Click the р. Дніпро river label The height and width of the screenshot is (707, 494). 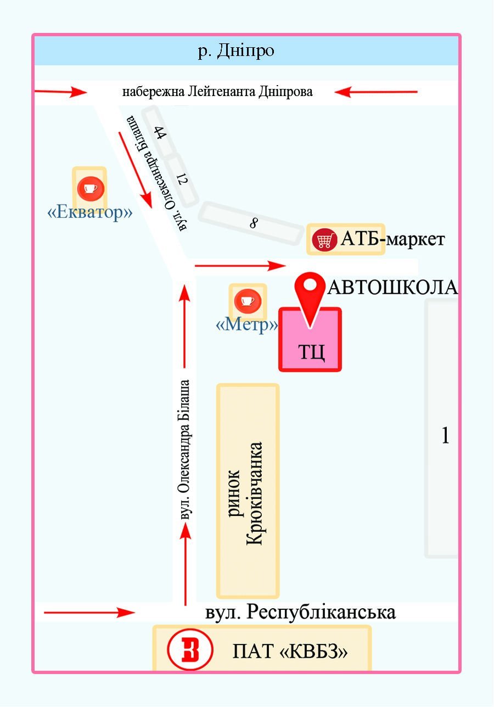click(236, 51)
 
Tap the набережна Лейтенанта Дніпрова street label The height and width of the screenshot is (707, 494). click(217, 92)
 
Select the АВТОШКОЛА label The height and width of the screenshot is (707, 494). click(392, 288)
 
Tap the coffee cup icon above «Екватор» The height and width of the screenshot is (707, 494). click(91, 188)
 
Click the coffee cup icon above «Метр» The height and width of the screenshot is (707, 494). click(248, 300)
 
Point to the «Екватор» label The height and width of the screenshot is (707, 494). click(89, 212)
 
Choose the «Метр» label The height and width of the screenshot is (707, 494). click(247, 324)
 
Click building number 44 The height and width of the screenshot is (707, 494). click(160, 133)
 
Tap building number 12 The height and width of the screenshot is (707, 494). click(182, 179)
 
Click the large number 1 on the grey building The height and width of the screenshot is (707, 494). click(445, 435)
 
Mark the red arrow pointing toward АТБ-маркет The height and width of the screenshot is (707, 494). click(240, 266)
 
